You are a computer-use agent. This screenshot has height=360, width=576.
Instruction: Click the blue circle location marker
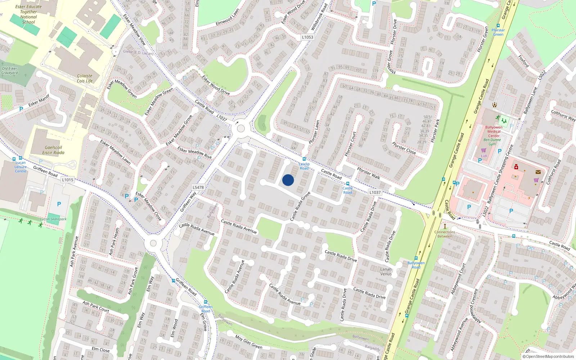point(288,180)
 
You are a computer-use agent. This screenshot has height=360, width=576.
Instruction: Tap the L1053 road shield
point(307,37)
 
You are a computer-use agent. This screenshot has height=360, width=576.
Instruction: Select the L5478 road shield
point(198,187)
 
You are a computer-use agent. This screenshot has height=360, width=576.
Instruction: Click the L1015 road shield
point(68,180)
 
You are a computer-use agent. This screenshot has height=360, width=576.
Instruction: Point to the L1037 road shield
point(375,192)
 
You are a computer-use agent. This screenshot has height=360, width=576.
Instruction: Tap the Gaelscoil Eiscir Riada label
point(53,150)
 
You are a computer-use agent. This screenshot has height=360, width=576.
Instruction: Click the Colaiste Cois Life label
point(85,78)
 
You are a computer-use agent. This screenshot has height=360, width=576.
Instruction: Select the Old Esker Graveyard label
point(9,71)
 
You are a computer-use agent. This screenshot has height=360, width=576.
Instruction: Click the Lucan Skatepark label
point(53,219)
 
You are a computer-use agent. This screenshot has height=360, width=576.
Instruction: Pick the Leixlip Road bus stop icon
point(304,159)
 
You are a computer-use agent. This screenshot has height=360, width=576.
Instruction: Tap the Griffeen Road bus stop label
point(206,309)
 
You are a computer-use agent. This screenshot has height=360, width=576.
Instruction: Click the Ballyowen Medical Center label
point(494,131)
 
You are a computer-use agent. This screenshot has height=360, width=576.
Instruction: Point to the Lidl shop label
point(484,156)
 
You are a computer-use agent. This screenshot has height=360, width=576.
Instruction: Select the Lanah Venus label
point(386,271)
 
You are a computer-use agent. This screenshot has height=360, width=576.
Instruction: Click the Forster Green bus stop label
point(498,32)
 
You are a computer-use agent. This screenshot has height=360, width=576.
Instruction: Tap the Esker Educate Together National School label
point(28,14)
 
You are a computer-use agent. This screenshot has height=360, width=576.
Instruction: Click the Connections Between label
point(445,234)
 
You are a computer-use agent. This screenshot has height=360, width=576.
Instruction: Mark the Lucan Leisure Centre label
point(21,167)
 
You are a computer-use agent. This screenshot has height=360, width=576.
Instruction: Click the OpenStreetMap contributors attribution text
point(548,357)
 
